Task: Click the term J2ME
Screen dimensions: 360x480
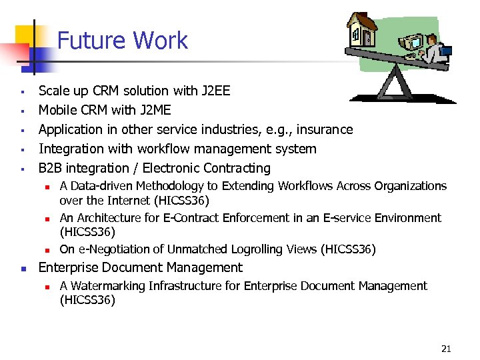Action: click(151, 110)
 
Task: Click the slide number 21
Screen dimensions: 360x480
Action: click(447, 348)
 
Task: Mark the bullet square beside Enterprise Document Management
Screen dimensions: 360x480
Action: click(23, 269)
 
